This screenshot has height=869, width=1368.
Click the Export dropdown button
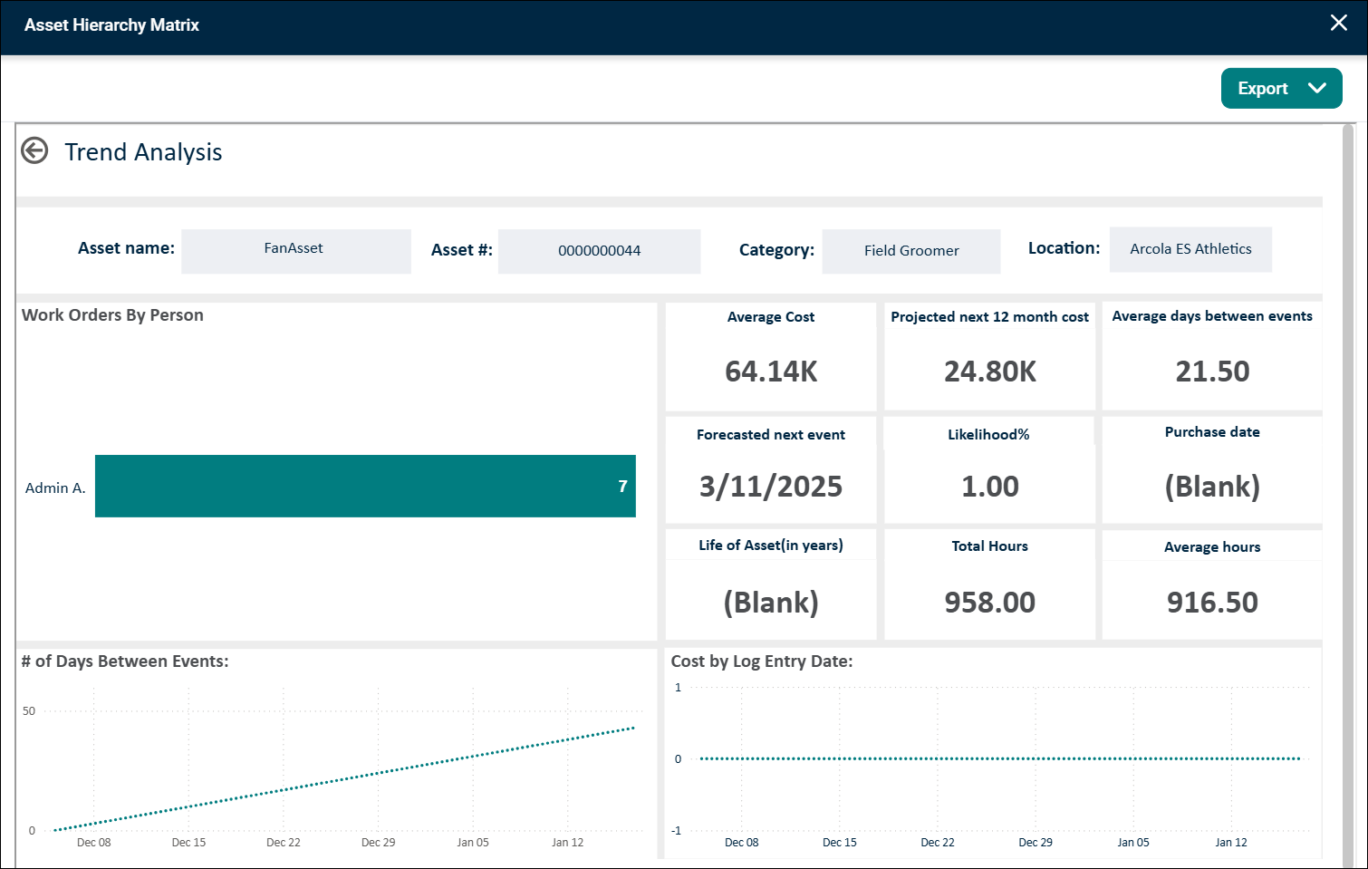pos(1281,89)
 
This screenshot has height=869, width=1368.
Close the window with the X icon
pos(1339,23)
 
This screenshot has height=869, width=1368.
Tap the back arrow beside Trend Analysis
pos(34,150)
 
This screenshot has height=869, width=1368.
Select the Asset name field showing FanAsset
pos(296,251)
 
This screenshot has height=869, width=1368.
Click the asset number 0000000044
pos(599,250)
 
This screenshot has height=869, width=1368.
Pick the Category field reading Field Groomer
pos(911,251)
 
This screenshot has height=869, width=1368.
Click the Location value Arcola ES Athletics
pos(1190,248)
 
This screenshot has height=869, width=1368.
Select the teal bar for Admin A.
pos(365,486)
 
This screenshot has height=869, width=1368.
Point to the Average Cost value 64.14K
pos(771,372)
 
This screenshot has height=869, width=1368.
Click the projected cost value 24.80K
pos(990,372)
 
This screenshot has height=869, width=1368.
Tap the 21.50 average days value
pos(1212,372)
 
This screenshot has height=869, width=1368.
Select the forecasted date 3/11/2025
pos(771,487)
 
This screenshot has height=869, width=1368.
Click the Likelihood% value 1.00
pos(990,487)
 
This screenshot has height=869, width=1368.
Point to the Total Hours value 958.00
pos(990,602)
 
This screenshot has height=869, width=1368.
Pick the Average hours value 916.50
pos(1212,602)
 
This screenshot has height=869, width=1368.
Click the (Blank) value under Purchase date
pos(1212,487)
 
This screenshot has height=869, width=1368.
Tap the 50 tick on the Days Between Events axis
pos(29,710)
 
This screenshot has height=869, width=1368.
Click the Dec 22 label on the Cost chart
pos(938,842)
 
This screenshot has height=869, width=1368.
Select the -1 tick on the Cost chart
pos(676,831)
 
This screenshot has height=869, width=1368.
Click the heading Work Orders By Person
pos(112,315)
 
